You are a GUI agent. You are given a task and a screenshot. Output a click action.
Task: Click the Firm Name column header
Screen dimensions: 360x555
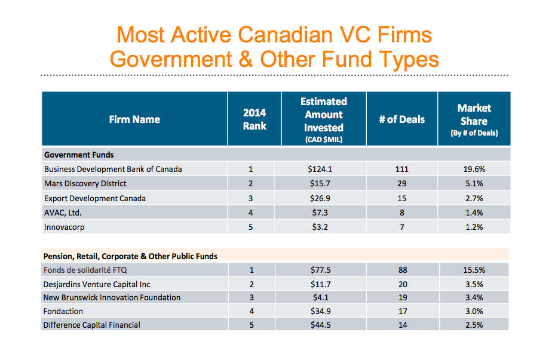click(x=134, y=119)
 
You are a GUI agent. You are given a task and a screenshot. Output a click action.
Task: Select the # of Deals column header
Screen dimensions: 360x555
click(x=402, y=119)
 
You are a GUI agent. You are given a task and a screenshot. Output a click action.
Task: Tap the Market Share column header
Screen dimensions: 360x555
click(x=474, y=119)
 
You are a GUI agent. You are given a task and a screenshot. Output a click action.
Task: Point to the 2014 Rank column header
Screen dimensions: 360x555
click(x=254, y=119)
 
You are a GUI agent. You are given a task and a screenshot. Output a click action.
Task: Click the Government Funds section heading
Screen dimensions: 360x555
click(x=79, y=155)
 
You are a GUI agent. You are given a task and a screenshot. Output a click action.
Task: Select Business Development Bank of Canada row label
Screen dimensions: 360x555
click(x=113, y=169)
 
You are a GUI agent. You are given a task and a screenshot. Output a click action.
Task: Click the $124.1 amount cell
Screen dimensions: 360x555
click(x=323, y=169)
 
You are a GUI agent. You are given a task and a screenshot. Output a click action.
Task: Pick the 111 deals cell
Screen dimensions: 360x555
click(x=402, y=169)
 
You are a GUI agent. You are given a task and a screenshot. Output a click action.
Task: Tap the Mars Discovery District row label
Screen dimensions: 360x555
click(x=85, y=183)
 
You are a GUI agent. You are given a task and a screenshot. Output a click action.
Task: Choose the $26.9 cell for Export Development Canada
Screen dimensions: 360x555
click(x=323, y=198)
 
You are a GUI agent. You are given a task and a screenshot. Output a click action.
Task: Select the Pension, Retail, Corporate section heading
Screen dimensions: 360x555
click(x=130, y=256)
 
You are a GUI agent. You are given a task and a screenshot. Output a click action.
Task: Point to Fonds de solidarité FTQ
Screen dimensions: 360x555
click(x=85, y=270)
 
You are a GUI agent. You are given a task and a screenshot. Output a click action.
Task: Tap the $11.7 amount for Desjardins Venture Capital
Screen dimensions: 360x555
click(x=323, y=285)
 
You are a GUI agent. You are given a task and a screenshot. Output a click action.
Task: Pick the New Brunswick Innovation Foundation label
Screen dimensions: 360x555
click(x=112, y=297)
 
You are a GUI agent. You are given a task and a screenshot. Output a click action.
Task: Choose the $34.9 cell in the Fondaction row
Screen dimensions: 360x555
click(x=323, y=311)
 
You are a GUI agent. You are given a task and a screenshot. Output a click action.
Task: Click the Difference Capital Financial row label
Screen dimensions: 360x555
click(x=92, y=325)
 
